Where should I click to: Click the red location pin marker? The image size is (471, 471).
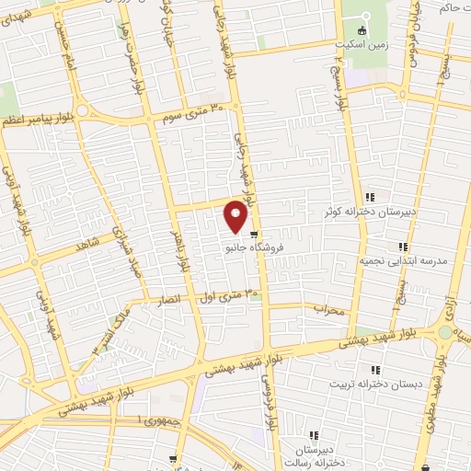pos(236,216)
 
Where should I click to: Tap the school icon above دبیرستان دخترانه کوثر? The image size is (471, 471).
pos(370,197)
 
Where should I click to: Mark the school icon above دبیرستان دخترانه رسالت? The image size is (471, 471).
pos(314,435)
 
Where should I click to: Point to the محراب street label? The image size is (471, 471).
pos(327,310)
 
